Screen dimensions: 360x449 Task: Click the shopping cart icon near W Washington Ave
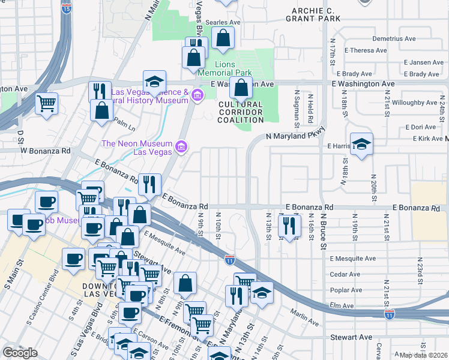tap(46, 104)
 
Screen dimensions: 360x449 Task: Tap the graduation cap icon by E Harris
tap(361, 144)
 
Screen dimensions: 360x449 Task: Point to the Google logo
tap(20, 352)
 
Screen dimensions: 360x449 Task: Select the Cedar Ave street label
tap(345, 274)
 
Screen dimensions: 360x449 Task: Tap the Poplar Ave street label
tap(346, 290)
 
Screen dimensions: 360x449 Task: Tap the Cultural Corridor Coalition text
tap(241, 112)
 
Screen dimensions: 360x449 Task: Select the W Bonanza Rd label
tap(46, 150)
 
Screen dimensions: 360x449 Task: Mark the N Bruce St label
tap(323, 231)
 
